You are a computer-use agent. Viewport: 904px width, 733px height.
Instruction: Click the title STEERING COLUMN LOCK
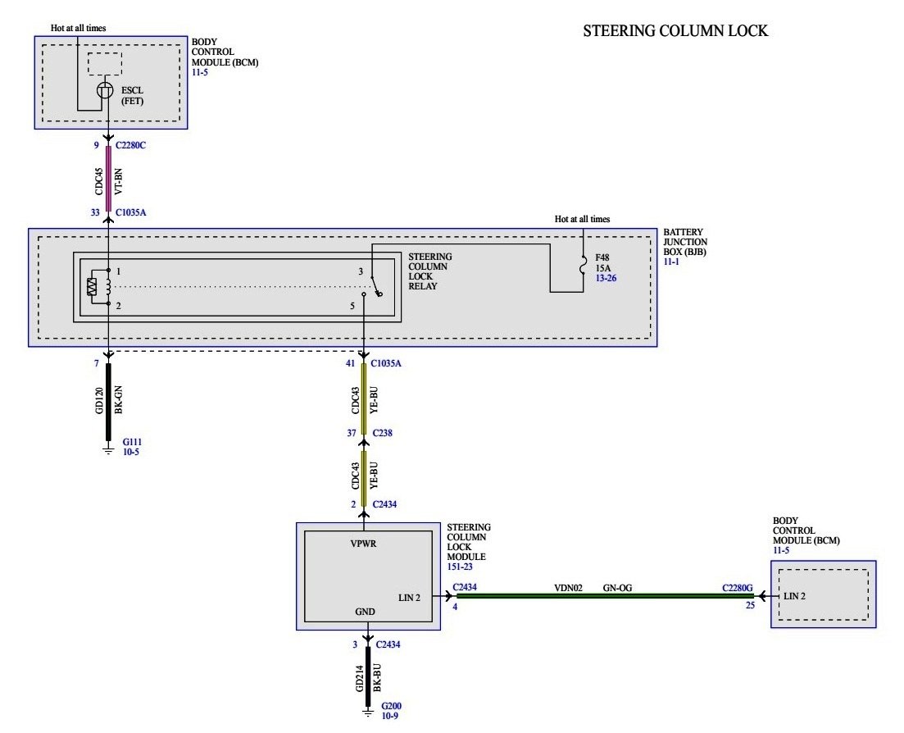coord(675,32)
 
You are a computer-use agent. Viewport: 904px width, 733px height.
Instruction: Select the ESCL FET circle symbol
coord(105,91)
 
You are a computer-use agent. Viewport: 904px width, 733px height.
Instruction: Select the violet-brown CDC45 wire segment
coord(108,179)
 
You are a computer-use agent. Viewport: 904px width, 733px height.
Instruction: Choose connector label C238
coord(383,432)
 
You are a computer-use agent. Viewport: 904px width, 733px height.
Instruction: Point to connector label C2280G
coord(738,587)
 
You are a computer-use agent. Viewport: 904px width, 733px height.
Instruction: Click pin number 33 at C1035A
coord(96,212)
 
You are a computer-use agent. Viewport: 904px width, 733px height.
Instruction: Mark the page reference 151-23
coord(459,567)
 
